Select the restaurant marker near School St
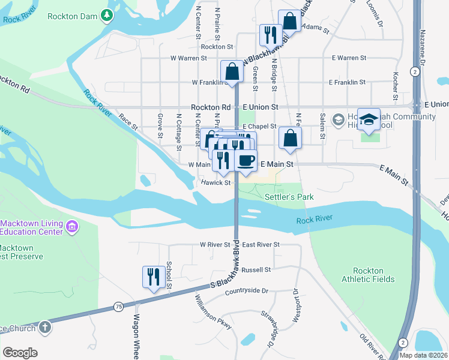(x=152, y=277)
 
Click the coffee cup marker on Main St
(x=246, y=160)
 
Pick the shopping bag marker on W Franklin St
(x=232, y=72)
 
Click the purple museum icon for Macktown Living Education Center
(x=72, y=226)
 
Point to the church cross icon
(x=44, y=328)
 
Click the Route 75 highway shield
(x=118, y=307)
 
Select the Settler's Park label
(x=289, y=197)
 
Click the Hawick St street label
(x=216, y=182)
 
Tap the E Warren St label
(x=349, y=58)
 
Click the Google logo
(x=20, y=353)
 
